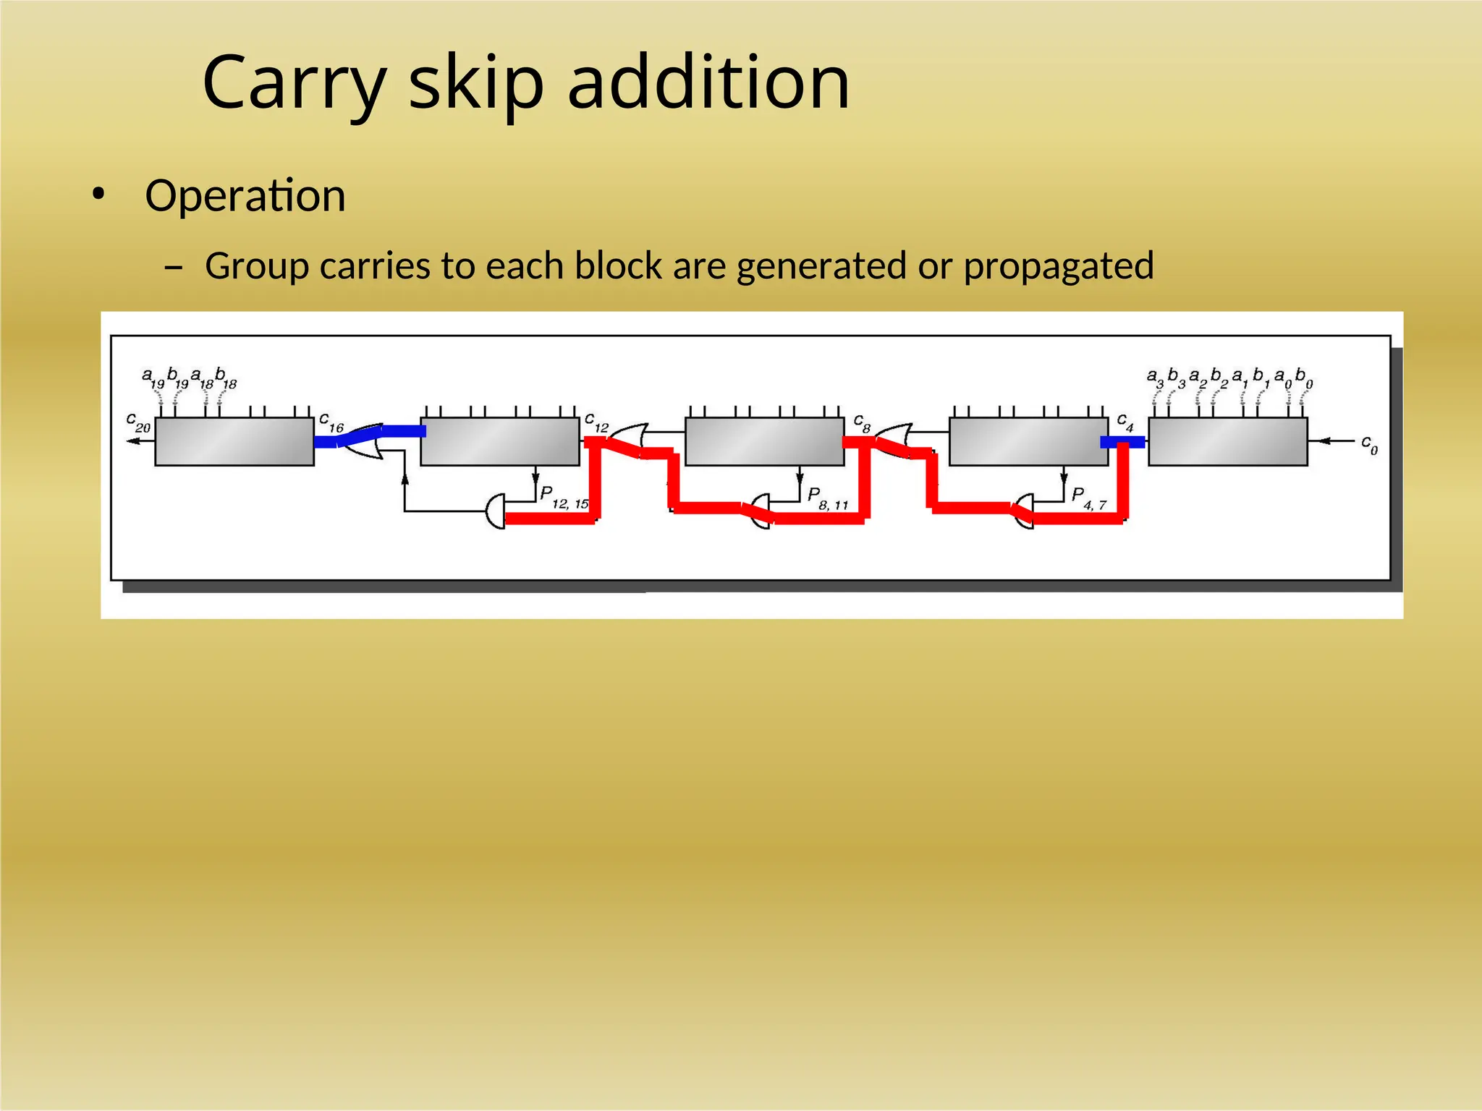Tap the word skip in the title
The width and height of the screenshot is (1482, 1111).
[476, 83]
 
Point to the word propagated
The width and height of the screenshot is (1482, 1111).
[1058, 266]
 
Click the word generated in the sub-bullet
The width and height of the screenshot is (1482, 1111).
[821, 266]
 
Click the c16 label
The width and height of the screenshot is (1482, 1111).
[331, 422]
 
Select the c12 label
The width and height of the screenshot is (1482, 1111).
[596, 422]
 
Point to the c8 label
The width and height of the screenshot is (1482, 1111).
[861, 422]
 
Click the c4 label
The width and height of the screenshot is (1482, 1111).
[1125, 422]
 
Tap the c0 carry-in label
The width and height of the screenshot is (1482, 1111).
[1369, 443]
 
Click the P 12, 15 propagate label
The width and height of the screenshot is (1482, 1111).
[564, 498]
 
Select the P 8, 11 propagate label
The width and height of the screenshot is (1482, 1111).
[827, 498]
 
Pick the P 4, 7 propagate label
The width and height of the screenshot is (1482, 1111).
[1088, 498]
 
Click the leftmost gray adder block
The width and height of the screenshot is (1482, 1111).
[234, 441]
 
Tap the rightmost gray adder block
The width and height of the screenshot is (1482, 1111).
[1227, 441]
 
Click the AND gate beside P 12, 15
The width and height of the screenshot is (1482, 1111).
[496, 511]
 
